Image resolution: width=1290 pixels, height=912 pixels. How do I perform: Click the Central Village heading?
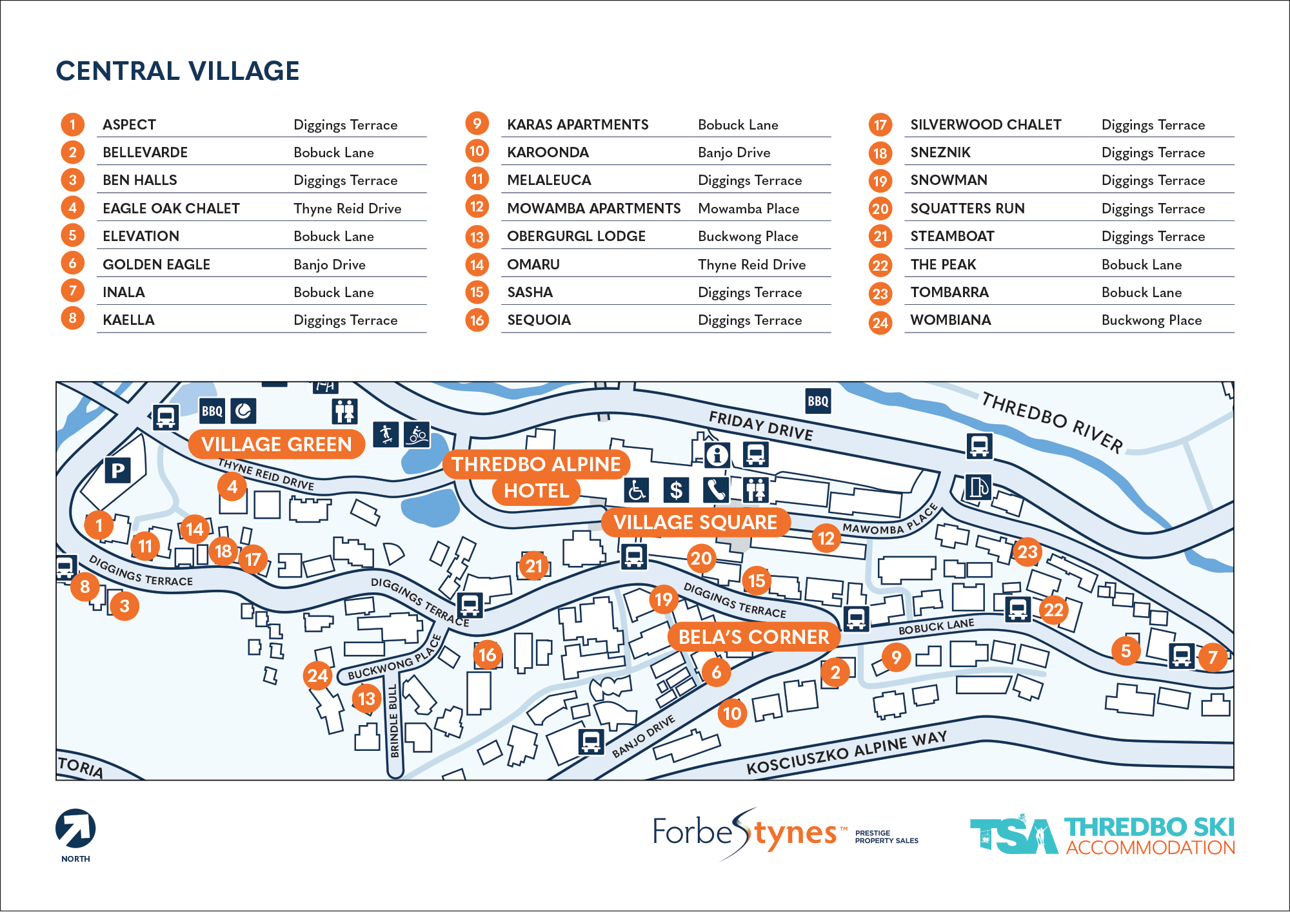[x=177, y=71]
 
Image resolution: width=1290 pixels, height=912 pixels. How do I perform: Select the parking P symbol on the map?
[x=117, y=471]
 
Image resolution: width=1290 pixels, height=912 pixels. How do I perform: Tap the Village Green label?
[x=276, y=444]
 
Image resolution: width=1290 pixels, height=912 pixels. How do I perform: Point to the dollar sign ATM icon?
[x=676, y=490]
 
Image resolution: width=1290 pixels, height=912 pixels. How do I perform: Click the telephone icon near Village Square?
[x=715, y=490]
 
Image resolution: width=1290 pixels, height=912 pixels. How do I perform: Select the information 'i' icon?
[x=717, y=455]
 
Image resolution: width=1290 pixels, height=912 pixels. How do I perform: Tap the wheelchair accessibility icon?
[x=637, y=490]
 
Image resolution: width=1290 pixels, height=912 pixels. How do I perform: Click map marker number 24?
[x=318, y=675]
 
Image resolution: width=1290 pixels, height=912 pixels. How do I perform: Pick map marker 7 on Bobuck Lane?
[x=1213, y=657]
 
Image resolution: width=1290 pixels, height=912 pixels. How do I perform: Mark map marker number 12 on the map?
[x=826, y=538]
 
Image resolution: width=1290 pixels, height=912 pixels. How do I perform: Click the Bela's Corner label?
[x=753, y=637]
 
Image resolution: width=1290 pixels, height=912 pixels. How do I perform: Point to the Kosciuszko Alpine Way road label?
[x=846, y=753]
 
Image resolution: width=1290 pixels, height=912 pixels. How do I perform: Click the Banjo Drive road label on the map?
[x=643, y=736]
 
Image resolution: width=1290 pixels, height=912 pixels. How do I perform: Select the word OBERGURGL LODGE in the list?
[x=576, y=237]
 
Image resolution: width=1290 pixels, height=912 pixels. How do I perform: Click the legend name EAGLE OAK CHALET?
[x=171, y=209]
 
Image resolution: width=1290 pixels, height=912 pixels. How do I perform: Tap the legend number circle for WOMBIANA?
[x=880, y=322]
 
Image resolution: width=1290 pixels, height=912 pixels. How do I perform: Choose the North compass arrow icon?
[x=75, y=829]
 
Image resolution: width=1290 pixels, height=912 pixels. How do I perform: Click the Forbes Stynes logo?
[x=748, y=833]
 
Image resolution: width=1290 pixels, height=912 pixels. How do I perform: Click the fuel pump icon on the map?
[x=978, y=487]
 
